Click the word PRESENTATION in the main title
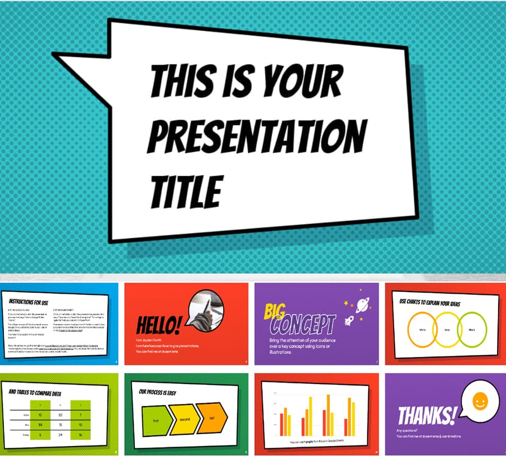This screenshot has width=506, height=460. (x=256, y=135)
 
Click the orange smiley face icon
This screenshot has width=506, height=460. (x=480, y=402)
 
